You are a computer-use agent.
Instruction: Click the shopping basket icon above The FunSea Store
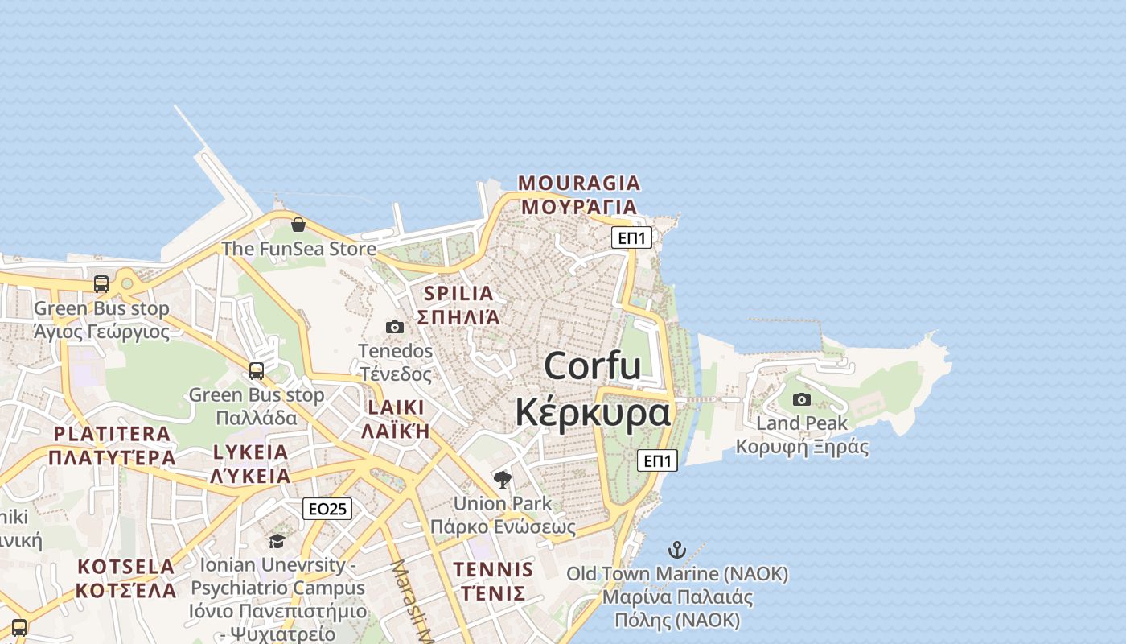pyautogui.click(x=298, y=225)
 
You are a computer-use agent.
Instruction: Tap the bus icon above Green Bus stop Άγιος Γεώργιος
pyautogui.click(x=101, y=283)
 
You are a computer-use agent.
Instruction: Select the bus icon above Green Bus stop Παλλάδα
pyautogui.click(x=257, y=370)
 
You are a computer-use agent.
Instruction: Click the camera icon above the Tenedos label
pyautogui.click(x=395, y=327)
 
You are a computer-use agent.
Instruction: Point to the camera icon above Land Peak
pyautogui.click(x=802, y=399)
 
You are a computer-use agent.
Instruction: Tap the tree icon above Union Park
pyautogui.click(x=503, y=480)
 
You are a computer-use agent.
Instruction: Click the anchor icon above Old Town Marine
pyautogui.click(x=677, y=551)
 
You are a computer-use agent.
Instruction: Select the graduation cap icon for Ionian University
pyautogui.click(x=277, y=541)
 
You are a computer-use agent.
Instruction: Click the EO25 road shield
pyautogui.click(x=327, y=509)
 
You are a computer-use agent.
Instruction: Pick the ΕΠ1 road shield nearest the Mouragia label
pyautogui.click(x=631, y=237)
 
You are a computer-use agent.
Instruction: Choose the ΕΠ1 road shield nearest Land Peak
pyautogui.click(x=658, y=460)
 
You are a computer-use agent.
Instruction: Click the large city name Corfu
pyautogui.click(x=593, y=366)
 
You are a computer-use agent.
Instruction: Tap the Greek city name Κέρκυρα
pyautogui.click(x=593, y=412)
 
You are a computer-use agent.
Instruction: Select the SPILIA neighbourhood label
pyautogui.click(x=458, y=293)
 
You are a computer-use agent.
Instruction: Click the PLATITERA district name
pyautogui.click(x=112, y=434)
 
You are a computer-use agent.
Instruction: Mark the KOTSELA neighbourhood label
pyautogui.click(x=125, y=567)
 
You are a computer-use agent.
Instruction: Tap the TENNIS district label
pyautogui.click(x=493, y=570)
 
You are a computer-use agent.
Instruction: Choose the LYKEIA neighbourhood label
pyautogui.click(x=250, y=452)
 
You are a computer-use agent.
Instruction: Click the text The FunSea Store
pyautogui.click(x=298, y=249)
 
